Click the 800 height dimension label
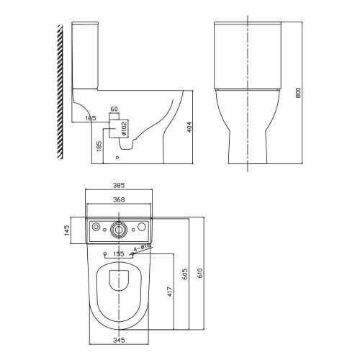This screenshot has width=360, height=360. [298, 93]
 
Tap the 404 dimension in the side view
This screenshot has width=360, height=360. [189, 127]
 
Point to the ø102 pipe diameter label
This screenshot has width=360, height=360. [124, 129]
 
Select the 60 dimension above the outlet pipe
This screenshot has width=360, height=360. [114, 109]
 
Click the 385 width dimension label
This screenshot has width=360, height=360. [119, 185]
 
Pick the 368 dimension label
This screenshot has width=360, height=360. [119, 199]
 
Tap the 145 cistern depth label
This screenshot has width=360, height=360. [67, 230]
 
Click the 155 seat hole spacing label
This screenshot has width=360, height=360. [119, 254]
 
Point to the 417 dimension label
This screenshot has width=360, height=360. [170, 292]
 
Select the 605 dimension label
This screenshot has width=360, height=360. [186, 274]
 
